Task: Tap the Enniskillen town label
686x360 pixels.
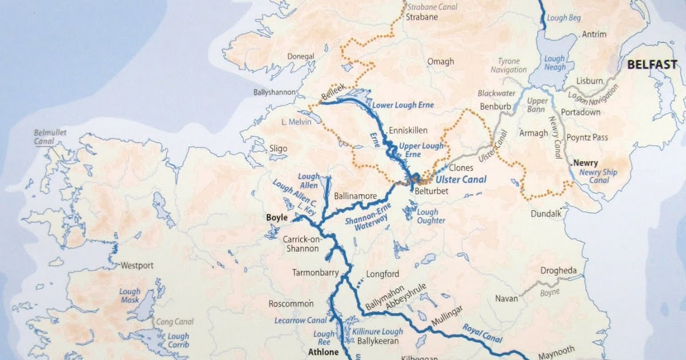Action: pos(408,130)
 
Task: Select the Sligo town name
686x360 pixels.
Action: pos(278,149)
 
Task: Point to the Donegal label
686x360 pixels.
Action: pos(301,56)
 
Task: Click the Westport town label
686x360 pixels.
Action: pos(137,266)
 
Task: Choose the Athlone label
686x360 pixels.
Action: pos(324,352)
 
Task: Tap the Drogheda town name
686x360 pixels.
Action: pos(560,270)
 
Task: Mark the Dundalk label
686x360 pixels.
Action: pos(546,213)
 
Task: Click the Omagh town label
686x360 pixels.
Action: pos(441,62)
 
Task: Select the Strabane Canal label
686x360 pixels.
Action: pos(429,7)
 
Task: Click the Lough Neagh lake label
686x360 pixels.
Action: pos(555,63)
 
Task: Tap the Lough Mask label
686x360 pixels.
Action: pos(130,296)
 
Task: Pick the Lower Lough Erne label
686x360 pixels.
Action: pos(403,106)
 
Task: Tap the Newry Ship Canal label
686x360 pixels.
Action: pos(598,177)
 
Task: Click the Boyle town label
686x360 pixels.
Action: pos(277,217)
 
